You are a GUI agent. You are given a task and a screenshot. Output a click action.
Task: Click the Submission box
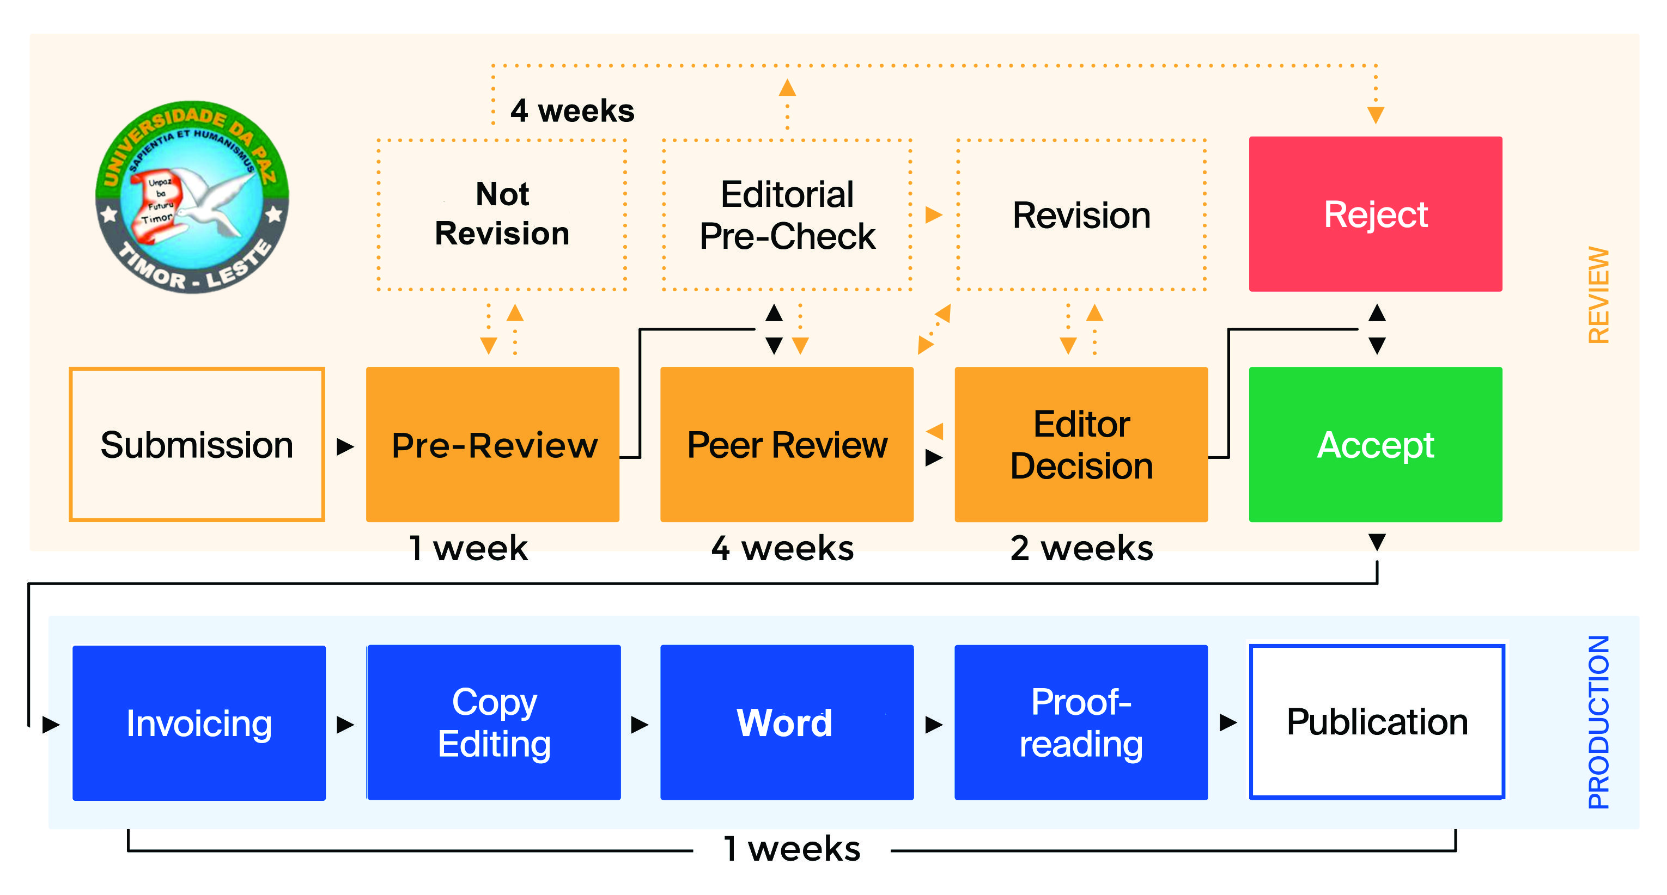coord(197,444)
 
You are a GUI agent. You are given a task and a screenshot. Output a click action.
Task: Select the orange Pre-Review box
coord(493,444)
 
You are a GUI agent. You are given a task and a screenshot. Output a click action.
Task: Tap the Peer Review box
coord(787,444)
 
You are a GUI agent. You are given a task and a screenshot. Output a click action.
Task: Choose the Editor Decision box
coord(1081,444)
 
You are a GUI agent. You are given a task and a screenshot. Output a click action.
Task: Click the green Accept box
coord(1375,444)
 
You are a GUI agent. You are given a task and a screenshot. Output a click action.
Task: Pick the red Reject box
coord(1375,214)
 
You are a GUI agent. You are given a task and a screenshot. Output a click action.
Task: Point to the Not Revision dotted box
coord(502,214)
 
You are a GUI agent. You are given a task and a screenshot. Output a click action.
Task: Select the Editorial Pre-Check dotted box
coord(787,214)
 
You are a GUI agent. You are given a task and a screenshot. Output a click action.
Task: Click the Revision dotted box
coord(1081,214)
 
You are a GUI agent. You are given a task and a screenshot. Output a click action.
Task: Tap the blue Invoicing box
coord(199,722)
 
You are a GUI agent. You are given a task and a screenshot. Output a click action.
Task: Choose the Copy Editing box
coord(494,722)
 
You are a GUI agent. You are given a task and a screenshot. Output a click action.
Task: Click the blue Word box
coord(787,722)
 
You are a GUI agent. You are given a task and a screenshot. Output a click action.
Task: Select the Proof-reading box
coord(1081,722)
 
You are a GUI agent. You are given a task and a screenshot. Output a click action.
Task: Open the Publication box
coord(1377,722)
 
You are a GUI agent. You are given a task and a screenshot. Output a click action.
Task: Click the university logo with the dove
coord(192,197)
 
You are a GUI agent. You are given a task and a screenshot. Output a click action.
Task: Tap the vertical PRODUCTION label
coord(1598,722)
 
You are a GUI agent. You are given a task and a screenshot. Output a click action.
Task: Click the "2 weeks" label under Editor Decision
coord(1081,548)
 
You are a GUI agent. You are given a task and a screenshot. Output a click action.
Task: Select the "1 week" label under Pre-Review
coord(469,548)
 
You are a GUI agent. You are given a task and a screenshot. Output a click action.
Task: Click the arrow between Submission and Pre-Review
coord(345,446)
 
